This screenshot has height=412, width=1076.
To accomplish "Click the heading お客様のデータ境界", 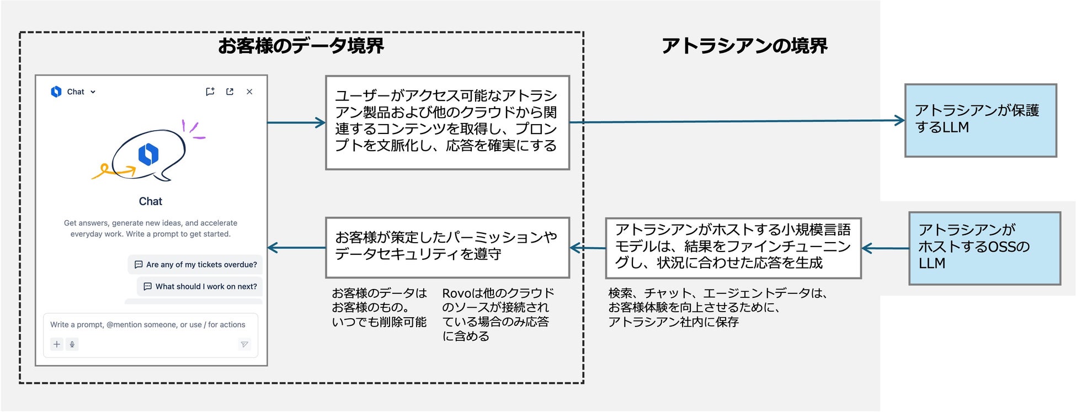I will pos(301,45).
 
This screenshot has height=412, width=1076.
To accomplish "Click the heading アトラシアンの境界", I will pos(744,46).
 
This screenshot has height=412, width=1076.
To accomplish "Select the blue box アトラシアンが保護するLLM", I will pos(981,120).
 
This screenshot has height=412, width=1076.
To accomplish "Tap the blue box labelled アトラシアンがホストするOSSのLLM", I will pos(984,248).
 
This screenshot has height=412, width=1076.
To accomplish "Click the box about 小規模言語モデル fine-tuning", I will pos(733,248).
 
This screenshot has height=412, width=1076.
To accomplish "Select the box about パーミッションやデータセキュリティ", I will pos(447,247).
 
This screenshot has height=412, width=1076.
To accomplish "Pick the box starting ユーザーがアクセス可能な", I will pos(447,122).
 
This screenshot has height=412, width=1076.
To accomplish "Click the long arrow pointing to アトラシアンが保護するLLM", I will pos(737,121).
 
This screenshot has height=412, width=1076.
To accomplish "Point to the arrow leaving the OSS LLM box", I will pos(885,248).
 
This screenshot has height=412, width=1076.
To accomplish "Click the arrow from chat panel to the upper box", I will pos(296,122).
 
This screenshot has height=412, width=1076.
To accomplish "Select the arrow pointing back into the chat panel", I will pos(296,248).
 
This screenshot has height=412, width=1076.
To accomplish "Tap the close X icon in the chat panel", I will pos(249,92).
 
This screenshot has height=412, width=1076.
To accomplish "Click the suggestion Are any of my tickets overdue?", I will pos(196,265).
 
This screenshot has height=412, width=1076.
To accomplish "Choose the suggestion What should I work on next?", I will pos(200,286).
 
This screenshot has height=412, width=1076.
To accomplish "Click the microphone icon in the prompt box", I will pos(72,345).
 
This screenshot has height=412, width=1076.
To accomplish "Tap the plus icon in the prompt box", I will pos(57,345).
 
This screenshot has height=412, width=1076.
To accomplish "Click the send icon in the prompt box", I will pos(244,345).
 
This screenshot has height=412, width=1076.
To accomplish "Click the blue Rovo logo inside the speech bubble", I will pos(148,154).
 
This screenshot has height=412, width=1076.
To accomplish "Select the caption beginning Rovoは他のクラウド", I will pos(497,314).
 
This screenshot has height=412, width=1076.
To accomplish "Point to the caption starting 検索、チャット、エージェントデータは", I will pos(717,307).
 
